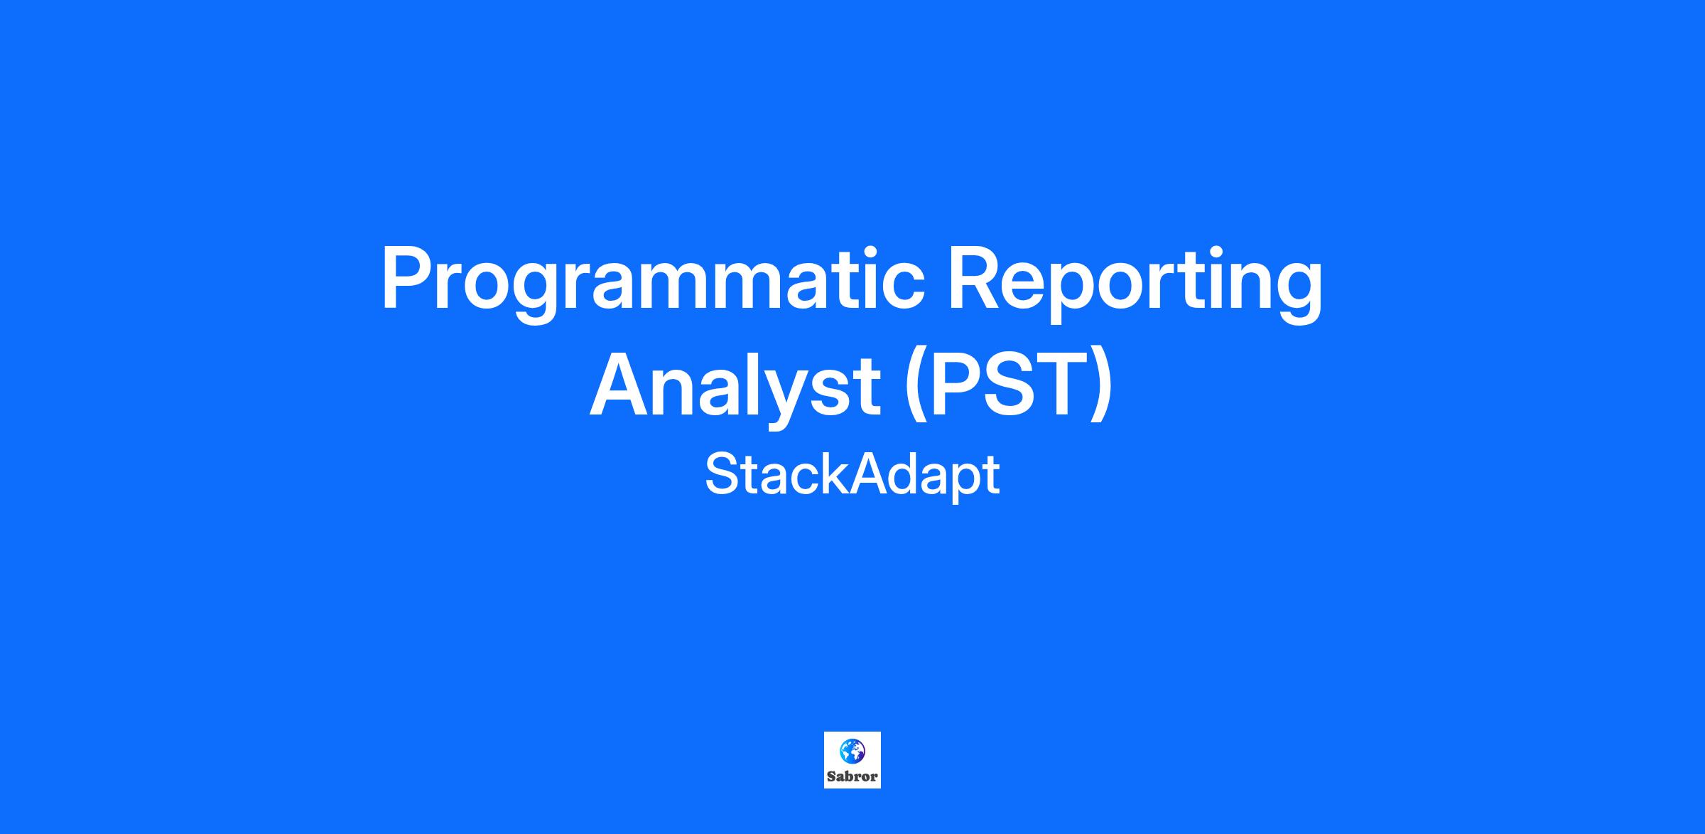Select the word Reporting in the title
tap(1135, 283)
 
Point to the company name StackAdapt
tap(852, 475)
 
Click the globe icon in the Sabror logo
tap(852, 750)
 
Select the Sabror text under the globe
tap(852, 776)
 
